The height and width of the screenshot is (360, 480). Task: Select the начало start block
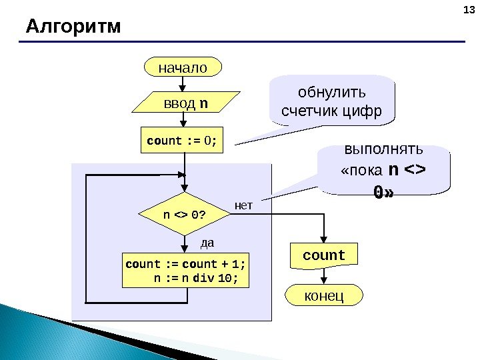183,67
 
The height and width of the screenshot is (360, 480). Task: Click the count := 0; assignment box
182,141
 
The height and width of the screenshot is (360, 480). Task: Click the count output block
325,256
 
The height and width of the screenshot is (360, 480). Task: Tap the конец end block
324,294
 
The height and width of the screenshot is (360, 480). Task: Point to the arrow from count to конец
325,277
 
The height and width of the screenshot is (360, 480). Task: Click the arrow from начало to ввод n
183,84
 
